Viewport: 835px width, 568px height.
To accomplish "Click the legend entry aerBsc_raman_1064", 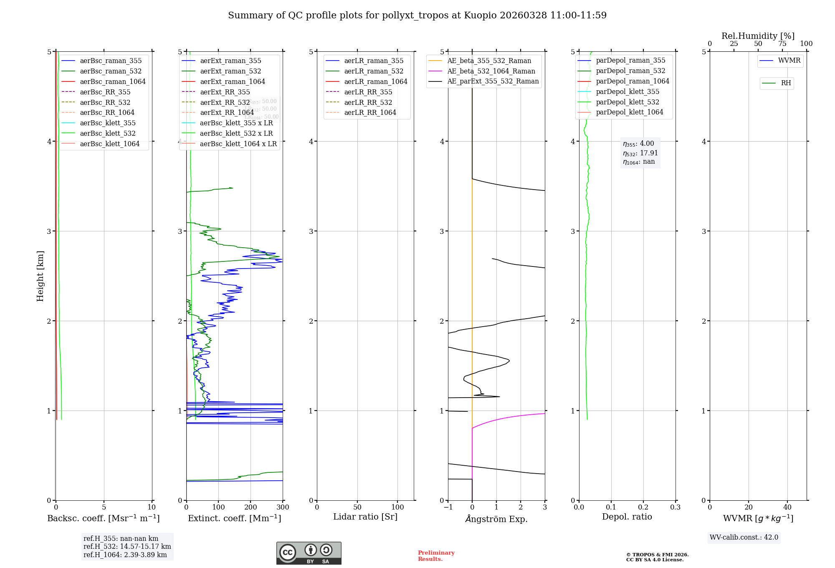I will (113, 81).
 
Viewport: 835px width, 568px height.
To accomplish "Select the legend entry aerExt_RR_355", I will (225, 92).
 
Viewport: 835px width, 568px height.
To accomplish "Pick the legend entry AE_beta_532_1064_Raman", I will (491, 71).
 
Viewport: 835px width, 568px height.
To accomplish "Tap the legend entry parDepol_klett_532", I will (628, 102).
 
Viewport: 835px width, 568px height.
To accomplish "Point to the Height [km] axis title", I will (40, 276).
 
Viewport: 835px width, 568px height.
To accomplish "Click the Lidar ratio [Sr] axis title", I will (365, 517).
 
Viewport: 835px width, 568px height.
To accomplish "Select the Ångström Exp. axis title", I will (496, 519).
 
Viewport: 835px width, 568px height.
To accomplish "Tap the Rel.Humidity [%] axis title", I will (758, 36).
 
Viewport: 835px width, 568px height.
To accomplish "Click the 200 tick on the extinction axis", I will (250, 507).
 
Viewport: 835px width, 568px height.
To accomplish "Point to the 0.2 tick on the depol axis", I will (643, 507).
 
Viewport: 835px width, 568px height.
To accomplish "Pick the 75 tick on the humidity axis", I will (782, 44).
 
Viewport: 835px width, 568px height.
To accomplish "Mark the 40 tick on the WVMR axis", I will (787, 507).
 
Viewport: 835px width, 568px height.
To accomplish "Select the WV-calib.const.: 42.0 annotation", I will (744, 537).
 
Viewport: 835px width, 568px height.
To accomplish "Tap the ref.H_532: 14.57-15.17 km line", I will (127, 546).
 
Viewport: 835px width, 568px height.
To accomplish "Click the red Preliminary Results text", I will (436, 555).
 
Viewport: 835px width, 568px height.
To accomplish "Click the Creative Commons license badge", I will (309, 553).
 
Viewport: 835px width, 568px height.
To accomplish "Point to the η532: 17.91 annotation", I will (640, 153).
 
